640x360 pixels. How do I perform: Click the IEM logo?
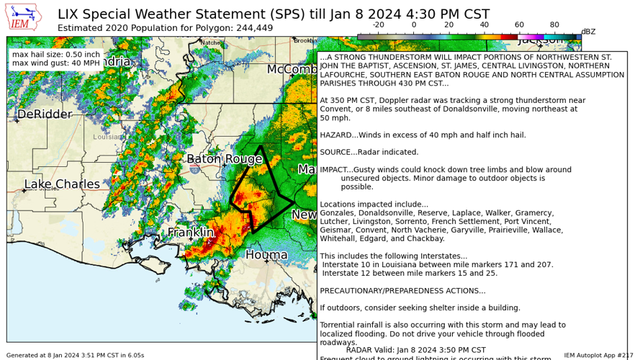(24, 18)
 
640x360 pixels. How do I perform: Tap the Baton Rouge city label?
(224, 159)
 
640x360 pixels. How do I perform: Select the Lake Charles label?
(62, 184)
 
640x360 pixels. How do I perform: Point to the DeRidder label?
(45, 114)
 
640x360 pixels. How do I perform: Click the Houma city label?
(266, 255)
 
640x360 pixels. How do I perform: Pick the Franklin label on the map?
(191, 233)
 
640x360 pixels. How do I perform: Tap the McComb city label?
(292, 69)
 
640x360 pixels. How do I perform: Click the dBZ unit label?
(588, 32)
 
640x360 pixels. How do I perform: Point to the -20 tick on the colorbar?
(378, 24)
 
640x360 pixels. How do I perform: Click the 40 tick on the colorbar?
(484, 24)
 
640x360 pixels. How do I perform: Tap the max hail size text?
(56, 55)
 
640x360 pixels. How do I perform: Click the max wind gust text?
(56, 63)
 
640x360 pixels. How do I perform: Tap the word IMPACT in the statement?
(335, 170)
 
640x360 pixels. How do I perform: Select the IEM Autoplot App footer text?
(598, 355)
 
